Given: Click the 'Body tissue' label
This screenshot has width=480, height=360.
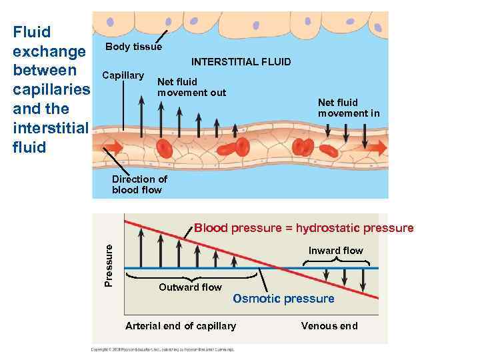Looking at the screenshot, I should [x=133, y=47].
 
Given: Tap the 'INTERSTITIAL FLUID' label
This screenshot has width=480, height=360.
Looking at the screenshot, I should [x=241, y=62].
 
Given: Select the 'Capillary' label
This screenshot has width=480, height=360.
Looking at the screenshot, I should [x=123, y=75].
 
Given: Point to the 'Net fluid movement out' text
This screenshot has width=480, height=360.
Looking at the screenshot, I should [x=191, y=87].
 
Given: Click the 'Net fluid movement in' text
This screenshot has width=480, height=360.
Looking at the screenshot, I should [x=348, y=107].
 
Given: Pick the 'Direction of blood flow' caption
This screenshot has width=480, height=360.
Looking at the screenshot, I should [x=139, y=184].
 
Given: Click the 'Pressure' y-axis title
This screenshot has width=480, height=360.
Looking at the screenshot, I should [x=109, y=265].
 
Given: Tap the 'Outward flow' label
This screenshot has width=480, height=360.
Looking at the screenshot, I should [x=190, y=287].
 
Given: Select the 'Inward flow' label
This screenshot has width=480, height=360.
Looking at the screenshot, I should [x=335, y=251].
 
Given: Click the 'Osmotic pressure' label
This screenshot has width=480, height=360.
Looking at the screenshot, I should [x=283, y=299].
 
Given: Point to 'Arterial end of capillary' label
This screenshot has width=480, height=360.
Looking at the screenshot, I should [x=181, y=326].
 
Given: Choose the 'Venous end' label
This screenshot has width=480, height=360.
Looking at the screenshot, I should [x=329, y=326].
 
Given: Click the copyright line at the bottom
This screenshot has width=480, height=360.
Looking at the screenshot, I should [x=163, y=349].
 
